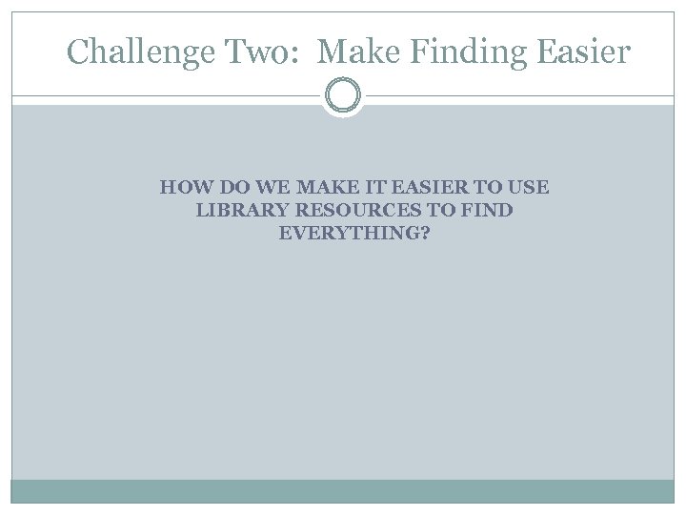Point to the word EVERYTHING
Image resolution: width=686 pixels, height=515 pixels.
pos(347,234)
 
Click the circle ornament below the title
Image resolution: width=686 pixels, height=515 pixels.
pos(343,95)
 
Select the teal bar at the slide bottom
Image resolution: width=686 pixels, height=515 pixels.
pos(343,491)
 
